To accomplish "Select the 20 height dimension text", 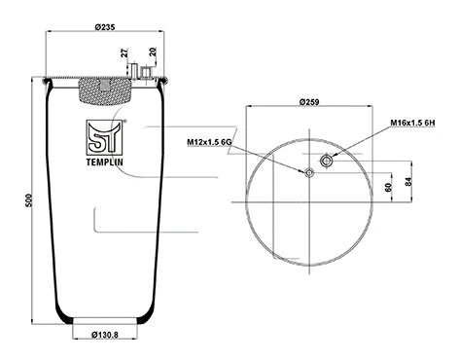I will coord(154,54).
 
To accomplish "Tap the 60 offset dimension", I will coord(388,188).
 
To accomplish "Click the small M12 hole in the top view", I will coord(310,172).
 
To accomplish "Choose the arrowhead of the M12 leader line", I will coord(303,170).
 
